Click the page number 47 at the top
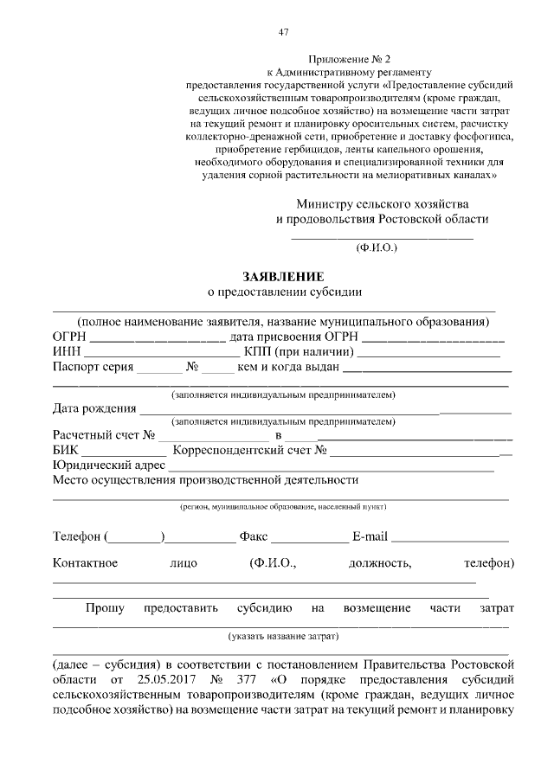(282, 33)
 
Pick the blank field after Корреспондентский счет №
(415, 452)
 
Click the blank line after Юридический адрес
(330, 468)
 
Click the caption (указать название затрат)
(283, 636)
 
